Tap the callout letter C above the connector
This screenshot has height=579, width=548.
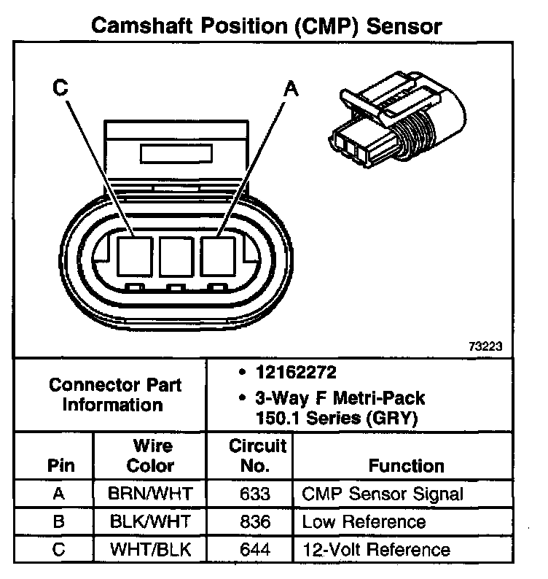[61, 88]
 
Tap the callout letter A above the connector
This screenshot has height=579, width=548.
[290, 88]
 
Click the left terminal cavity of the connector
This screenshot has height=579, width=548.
[133, 256]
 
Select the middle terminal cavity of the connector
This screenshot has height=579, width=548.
[176, 256]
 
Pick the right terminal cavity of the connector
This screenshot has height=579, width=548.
[218, 256]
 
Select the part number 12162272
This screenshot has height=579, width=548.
[296, 373]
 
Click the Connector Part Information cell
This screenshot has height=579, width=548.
[115, 395]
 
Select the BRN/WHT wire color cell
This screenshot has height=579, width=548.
[150, 494]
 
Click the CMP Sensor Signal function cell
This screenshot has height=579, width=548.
[382, 494]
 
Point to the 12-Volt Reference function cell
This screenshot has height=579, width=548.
[375, 549]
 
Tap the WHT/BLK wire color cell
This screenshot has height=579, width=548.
[150, 549]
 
